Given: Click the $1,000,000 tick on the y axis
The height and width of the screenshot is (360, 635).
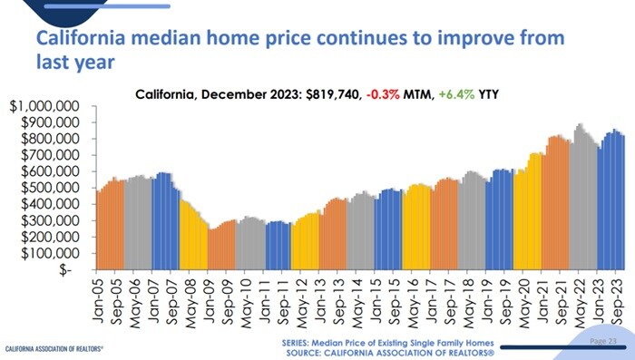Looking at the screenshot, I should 48,107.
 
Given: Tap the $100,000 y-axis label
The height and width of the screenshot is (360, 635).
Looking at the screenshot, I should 52,253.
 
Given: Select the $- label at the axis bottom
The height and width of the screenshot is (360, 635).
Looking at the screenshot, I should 75,269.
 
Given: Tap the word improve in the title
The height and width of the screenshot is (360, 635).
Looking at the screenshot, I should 467,40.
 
